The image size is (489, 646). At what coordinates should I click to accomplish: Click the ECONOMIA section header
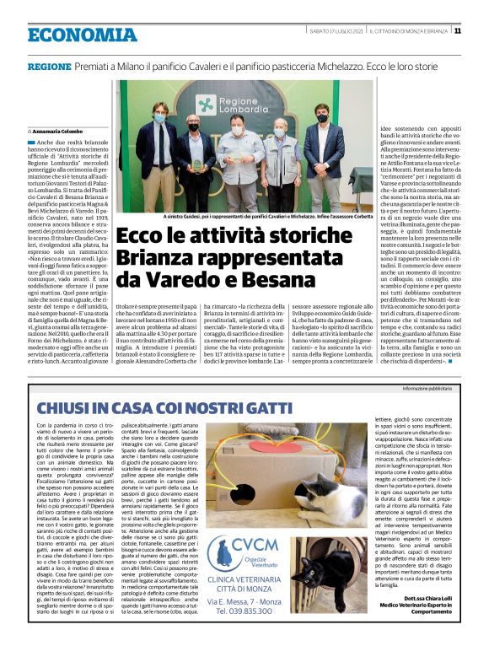tap(71, 35)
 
